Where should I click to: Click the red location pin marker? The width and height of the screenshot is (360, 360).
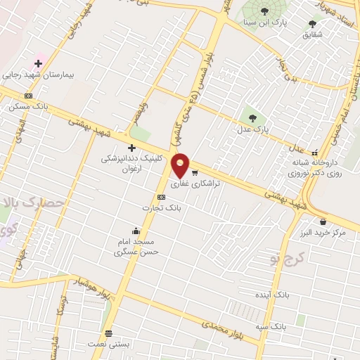[x=181, y=165]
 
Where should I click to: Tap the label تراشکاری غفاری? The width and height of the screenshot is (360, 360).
[x=195, y=183]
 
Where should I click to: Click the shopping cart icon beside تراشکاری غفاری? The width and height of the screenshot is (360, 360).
[x=195, y=172]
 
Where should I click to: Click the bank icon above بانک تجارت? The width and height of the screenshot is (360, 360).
[x=162, y=197]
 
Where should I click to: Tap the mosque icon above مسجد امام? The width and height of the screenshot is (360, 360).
[x=136, y=231]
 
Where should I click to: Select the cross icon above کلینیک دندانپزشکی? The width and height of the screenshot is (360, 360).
[x=131, y=147]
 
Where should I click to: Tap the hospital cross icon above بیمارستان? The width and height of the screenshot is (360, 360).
[x=38, y=64]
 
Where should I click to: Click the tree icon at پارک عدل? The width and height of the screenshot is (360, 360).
[x=252, y=117]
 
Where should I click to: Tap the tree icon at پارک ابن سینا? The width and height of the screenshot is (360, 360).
[x=264, y=10]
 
